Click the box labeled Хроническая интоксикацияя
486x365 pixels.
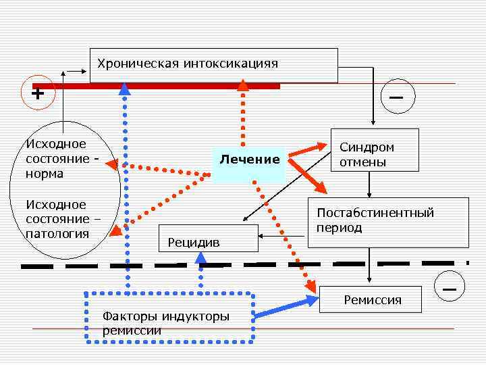point(213,65)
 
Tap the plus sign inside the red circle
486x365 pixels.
point(38,93)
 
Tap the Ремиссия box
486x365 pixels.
point(372,299)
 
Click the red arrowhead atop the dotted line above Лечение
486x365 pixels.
point(243,84)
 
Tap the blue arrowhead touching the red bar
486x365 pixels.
point(125,88)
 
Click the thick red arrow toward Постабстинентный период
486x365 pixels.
point(307,174)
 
